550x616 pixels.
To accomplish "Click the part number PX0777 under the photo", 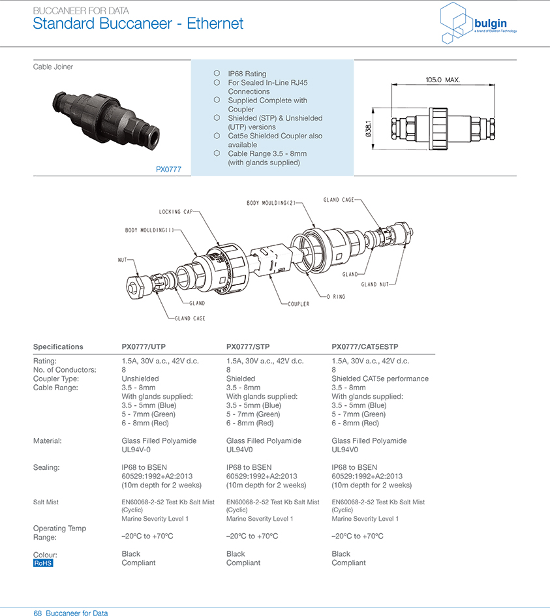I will tap(168, 169).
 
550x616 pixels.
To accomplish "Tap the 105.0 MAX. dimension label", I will tap(442, 80).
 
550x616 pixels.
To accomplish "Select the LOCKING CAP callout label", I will tap(175, 212).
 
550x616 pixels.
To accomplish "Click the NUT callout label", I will tap(121, 260).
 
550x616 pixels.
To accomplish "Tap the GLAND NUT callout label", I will tap(375, 284).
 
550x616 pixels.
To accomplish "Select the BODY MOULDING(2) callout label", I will tap(270, 203).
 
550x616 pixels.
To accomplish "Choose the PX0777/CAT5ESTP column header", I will tap(365, 346).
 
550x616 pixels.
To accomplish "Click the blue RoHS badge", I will tap(43, 562).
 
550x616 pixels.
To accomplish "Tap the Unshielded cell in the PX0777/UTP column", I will tap(140, 378).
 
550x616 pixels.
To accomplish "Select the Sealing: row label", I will tap(46, 467).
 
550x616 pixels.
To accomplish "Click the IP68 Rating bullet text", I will tap(247, 74).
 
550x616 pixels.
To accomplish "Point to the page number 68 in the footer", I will tap(38, 613).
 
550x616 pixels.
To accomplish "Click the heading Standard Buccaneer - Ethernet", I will tap(138, 24).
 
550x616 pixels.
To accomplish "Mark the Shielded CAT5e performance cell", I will tap(380, 378).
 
